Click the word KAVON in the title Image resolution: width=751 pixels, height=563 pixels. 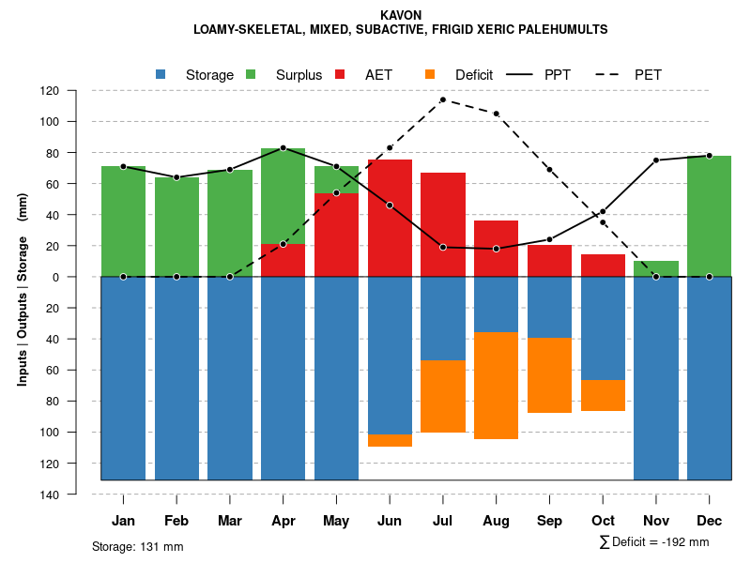tap(401, 15)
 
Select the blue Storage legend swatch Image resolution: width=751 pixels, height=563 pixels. tap(161, 74)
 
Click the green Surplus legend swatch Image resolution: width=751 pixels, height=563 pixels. tap(252, 74)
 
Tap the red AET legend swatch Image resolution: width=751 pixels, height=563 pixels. tap(341, 74)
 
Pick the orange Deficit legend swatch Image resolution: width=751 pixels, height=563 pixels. tap(431, 74)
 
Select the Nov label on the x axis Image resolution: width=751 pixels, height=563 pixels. tap(656, 521)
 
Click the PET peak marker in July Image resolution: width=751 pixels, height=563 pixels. tap(442, 99)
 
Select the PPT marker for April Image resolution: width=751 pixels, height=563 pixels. tap(283, 148)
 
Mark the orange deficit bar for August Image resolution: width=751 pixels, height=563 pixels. tap(496, 386)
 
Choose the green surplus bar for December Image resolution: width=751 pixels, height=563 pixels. tap(709, 216)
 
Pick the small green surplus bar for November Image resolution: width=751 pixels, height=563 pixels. tap(656, 268)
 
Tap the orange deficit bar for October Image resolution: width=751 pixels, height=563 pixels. tap(603, 395)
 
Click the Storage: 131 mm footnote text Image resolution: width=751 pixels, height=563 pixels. tap(137, 546)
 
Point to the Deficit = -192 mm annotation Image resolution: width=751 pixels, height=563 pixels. tap(654, 542)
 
